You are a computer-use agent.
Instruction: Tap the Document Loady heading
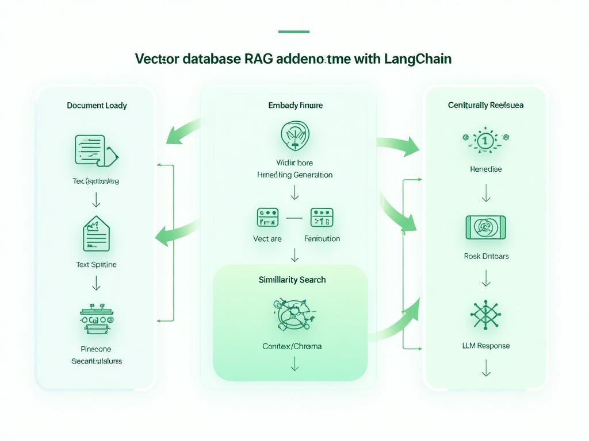pyautogui.click(x=97, y=106)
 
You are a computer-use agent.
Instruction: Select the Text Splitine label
pyautogui.click(x=96, y=265)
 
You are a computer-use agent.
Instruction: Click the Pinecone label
pyautogui.click(x=96, y=349)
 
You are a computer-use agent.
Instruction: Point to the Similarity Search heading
pyautogui.click(x=292, y=280)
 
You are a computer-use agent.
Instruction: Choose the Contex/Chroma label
pyautogui.click(x=292, y=346)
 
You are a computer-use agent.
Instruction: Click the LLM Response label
pyautogui.click(x=486, y=346)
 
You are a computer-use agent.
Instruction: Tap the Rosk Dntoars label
pyautogui.click(x=486, y=256)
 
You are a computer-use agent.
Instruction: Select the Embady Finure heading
pyautogui.click(x=295, y=106)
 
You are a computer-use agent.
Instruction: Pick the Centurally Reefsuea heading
pyautogui.click(x=486, y=106)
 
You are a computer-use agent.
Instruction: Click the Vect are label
pyautogui.click(x=267, y=238)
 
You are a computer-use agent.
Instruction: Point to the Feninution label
pyautogui.click(x=322, y=238)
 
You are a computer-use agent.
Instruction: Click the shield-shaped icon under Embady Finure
pyautogui.click(x=294, y=136)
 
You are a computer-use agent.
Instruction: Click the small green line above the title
pyautogui.click(x=293, y=32)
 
